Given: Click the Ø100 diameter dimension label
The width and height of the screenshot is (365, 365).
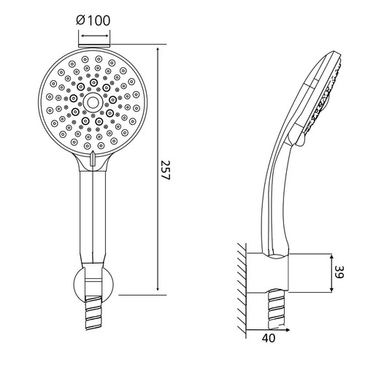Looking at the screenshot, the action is click(93, 20).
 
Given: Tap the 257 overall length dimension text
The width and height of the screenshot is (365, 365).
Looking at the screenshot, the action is click(166, 170).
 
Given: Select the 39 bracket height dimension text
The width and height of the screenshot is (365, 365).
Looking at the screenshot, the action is click(339, 272).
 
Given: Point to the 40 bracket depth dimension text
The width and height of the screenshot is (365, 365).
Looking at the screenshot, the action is click(269, 338).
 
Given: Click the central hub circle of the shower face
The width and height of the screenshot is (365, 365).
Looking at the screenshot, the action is click(92, 102).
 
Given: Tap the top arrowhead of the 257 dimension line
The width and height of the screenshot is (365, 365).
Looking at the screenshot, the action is click(158, 50).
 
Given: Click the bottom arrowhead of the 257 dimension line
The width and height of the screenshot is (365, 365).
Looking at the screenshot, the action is click(158, 288).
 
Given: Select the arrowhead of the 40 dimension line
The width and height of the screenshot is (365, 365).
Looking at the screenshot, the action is click(287, 330).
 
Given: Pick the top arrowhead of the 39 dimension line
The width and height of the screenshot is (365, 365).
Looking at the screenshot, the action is click(331, 257).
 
